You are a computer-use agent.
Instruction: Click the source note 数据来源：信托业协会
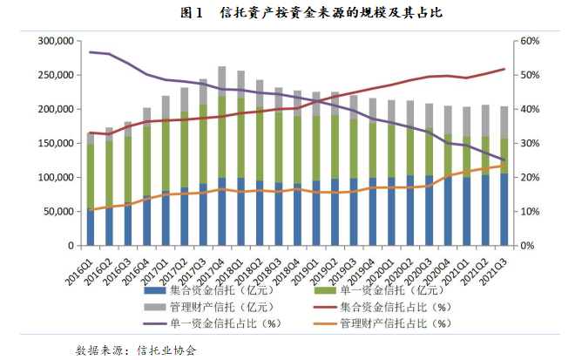(x=136, y=350)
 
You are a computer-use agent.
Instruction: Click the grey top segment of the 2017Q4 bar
(x=222, y=81)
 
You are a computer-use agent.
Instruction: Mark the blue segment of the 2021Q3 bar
(x=504, y=209)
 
